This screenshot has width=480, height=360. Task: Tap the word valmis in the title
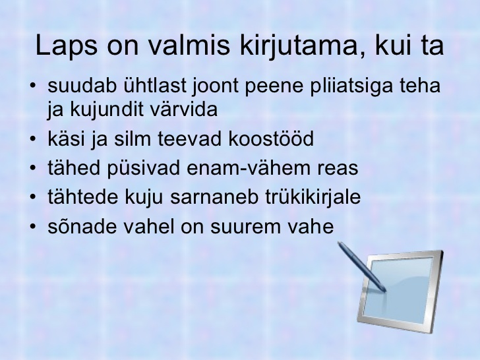pos(189,45)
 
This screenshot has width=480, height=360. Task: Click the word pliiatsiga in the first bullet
pos(351,86)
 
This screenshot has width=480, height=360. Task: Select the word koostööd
pos(271,138)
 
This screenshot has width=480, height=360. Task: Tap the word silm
pos(133,138)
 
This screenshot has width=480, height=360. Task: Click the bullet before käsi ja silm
pos(33,138)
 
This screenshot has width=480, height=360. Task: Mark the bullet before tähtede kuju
pos(33,197)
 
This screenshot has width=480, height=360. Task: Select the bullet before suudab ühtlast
pos(33,86)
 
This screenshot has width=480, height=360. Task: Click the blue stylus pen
pos(361,266)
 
